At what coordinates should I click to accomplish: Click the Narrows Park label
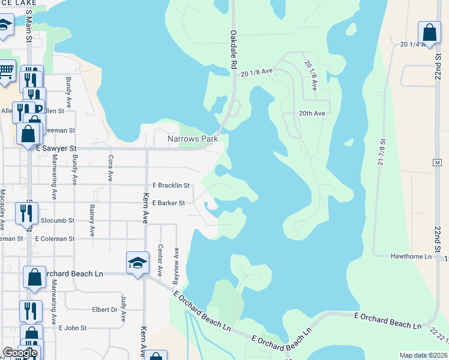[192, 139]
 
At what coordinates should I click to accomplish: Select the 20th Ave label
[312, 113]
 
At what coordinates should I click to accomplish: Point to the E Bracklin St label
[171, 185]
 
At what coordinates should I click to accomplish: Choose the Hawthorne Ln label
[411, 256]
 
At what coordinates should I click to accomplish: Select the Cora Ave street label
[110, 169]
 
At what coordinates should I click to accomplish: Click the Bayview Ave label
[176, 259]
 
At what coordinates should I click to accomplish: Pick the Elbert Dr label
[104, 310]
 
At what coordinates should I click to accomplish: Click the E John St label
[73, 328]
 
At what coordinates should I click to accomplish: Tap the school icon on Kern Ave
[137, 262]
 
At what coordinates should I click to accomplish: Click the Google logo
[19, 353]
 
